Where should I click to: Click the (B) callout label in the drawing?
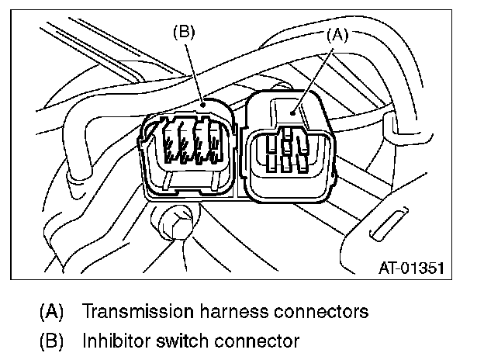coord(183,33)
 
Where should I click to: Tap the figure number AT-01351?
coord(411,269)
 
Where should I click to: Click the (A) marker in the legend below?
coord(52,313)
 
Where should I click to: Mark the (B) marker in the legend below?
coord(52,341)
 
